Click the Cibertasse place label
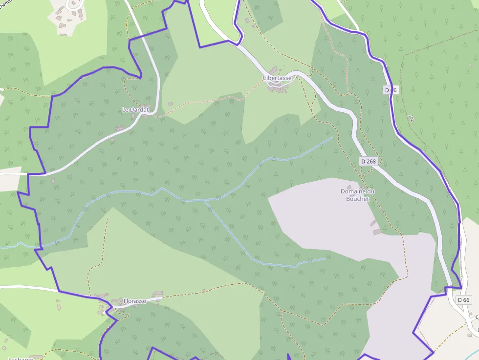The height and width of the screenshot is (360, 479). click(x=277, y=78)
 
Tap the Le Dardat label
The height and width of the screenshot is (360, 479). click(x=135, y=110)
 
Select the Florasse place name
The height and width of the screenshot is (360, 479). click(x=134, y=301)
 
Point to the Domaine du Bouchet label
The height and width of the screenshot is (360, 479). click(x=357, y=195)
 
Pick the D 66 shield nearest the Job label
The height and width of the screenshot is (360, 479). click(x=391, y=90)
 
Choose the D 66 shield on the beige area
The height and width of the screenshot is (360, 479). click(x=464, y=299)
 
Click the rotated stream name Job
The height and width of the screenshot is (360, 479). click(x=412, y=118)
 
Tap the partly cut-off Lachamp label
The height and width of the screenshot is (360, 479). click(x=20, y=358)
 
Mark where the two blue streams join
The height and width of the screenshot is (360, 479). click(x=205, y=200)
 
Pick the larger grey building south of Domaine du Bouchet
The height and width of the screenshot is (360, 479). click(x=377, y=232)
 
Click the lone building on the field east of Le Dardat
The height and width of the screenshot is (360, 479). click(x=171, y=104)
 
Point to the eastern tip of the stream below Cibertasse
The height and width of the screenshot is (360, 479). click(x=332, y=137)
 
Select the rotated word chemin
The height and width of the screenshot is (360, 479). click(x=8, y=4)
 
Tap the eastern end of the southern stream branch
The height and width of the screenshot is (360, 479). click(x=325, y=258)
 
